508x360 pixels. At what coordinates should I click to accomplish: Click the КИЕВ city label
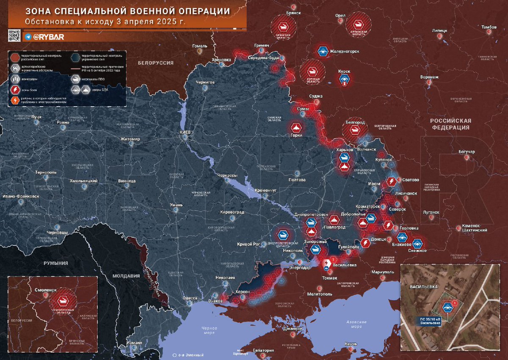186,132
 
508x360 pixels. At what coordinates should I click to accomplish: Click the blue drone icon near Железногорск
323,52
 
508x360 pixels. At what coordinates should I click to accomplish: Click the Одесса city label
190,298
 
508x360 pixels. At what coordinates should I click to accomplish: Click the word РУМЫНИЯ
56,263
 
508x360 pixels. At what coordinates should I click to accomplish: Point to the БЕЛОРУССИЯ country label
156,63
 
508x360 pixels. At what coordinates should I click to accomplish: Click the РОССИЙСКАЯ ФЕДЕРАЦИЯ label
450,124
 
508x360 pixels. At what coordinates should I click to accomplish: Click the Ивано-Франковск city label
20,197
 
